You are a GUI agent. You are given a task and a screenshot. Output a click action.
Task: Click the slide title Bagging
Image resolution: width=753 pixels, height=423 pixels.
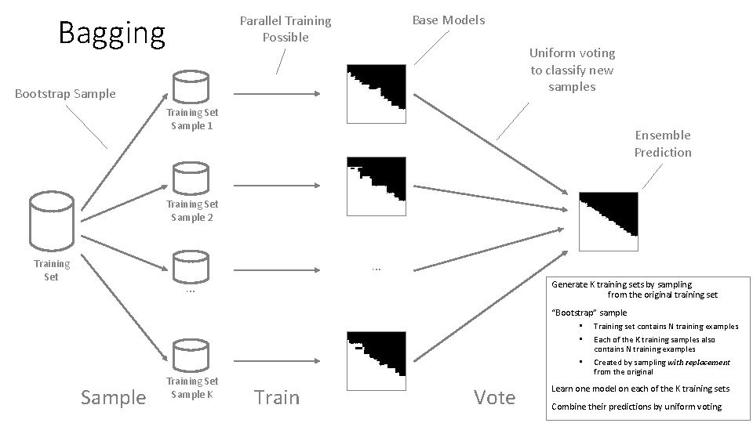click(x=112, y=34)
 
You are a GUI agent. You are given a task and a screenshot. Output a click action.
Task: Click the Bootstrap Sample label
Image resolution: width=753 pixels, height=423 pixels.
click(x=65, y=94)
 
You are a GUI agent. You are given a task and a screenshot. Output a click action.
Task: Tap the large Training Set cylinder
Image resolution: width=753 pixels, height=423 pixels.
click(x=52, y=222)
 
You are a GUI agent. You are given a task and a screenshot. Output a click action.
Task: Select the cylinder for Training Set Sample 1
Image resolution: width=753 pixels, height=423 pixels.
click(x=189, y=87)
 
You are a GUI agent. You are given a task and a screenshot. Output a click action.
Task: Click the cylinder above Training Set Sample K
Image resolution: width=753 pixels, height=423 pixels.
click(x=189, y=356)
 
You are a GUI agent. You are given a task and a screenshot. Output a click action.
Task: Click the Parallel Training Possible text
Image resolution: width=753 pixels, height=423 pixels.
click(x=286, y=29)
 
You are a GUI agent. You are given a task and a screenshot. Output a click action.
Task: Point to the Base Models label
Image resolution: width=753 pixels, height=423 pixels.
click(x=449, y=20)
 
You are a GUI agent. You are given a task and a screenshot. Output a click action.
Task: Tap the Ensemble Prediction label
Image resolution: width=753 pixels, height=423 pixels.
click(x=663, y=143)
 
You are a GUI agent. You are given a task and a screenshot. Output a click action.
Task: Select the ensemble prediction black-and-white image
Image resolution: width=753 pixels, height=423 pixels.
click(x=609, y=220)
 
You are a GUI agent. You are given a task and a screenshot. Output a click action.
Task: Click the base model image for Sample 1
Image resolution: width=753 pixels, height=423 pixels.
click(x=377, y=94)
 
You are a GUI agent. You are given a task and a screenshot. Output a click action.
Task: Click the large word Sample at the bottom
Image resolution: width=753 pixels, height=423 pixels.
click(x=113, y=397)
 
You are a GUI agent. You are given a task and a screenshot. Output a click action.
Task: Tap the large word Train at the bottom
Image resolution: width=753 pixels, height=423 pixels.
click(x=277, y=397)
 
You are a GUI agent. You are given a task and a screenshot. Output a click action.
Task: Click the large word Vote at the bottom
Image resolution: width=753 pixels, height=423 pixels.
click(x=494, y=397)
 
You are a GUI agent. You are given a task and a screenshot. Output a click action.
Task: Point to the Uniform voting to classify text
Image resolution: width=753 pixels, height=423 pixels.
click(x=572, y=70)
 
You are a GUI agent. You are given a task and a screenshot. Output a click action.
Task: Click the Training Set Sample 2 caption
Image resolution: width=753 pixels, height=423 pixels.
click(x=192, y=211)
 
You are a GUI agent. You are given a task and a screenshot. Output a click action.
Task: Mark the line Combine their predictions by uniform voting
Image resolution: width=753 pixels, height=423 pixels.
click(x=637, y=407)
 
